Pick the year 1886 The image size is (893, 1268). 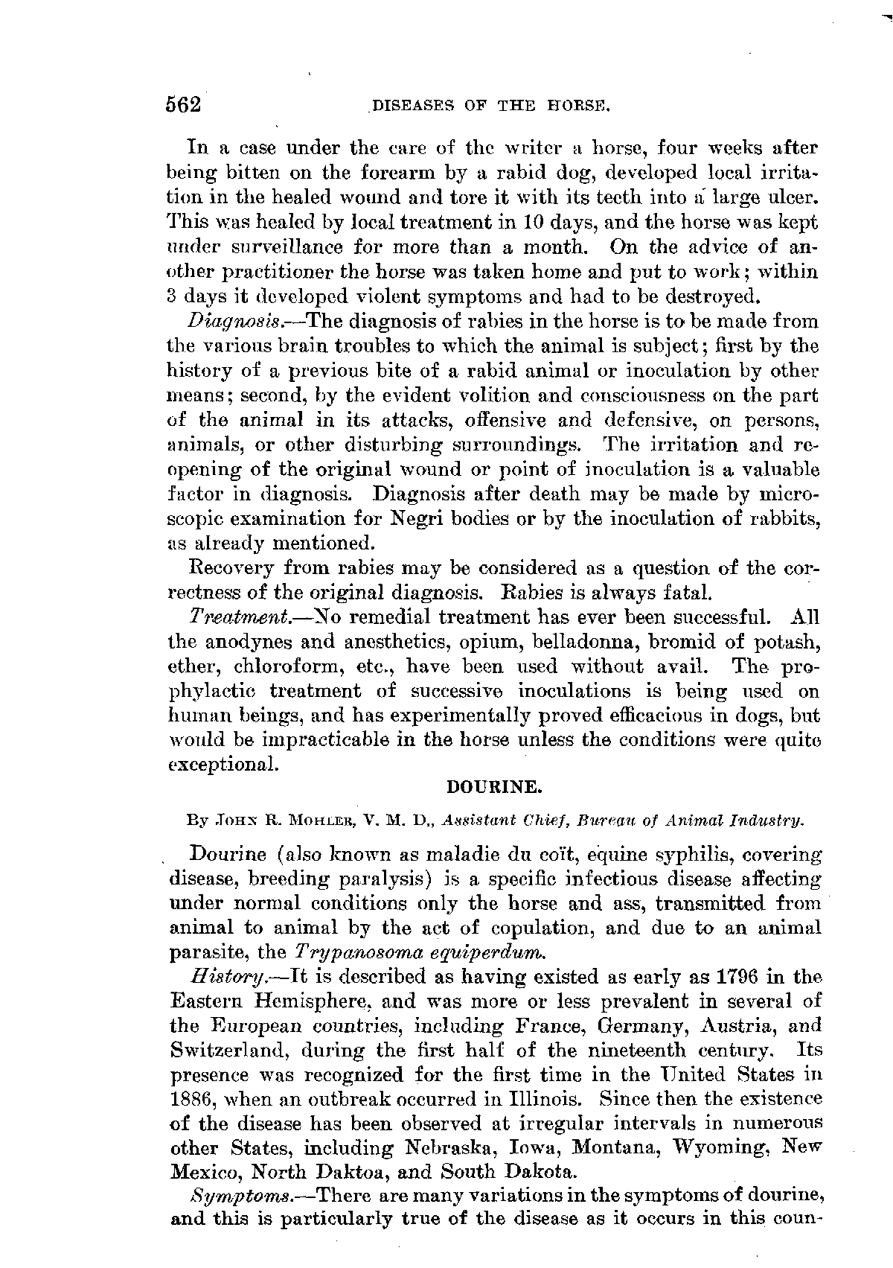(x=193, y=1099)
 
